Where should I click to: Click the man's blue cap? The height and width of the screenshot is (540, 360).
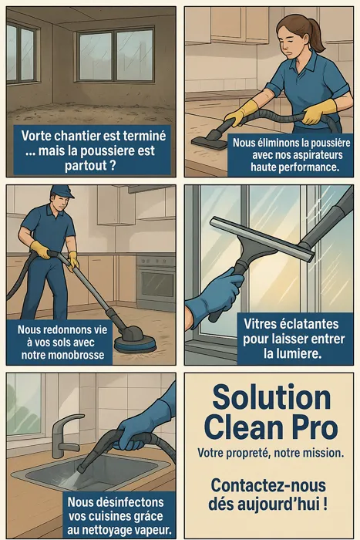(x=62, y=192)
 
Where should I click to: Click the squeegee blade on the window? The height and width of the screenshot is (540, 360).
(x=262, y=238)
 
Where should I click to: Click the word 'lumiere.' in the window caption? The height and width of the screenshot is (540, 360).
(x=292, y=353)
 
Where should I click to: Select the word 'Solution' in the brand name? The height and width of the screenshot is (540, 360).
(x=271, y=398)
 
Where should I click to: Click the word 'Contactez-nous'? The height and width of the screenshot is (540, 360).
(x=268, y=486)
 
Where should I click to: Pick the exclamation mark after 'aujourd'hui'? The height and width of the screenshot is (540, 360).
(x=325, y=505)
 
